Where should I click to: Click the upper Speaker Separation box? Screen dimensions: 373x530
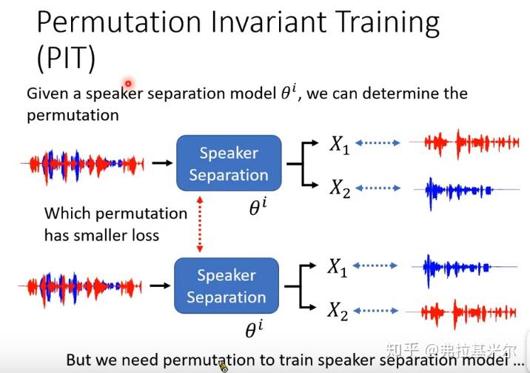pyautogui.click(x=228, y=164)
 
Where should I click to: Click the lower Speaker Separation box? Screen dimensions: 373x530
pyautogui.click(x=226, y=286)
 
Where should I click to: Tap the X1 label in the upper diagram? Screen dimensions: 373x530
pyautogui.click(x=339, y=145)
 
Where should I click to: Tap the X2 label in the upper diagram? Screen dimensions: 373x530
pyautogui.click(x=339, y=190)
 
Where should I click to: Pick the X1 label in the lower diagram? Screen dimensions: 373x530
pyautogui.click(x=338, y=268)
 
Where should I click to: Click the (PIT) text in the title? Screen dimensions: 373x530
pyautogui.click(x=65, y=58)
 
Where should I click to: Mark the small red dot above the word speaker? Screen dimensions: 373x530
pyautogui.click(x=128, y=84)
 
